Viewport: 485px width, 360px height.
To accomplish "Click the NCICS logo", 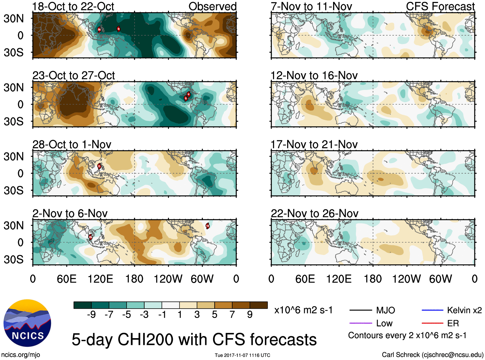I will point(27,323).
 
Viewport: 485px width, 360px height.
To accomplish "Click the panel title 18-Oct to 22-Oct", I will point(73,6).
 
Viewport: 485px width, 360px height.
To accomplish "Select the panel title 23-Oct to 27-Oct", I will point(74,75).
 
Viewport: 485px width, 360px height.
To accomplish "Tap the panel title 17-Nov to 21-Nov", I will point(314,145).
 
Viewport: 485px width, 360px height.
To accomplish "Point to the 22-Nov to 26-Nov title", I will point(314,214).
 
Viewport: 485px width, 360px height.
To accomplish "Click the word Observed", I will point(212,6).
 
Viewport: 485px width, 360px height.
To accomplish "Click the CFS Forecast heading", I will point(440,6).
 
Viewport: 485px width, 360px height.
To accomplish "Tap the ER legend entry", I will point(453,323).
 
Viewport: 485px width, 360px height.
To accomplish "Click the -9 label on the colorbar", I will point(91,314).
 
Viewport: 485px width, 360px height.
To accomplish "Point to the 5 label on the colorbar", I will point(215,314).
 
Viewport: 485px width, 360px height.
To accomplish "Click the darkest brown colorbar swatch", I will point(259,305).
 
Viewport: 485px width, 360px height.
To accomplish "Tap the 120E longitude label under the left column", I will point(100,279).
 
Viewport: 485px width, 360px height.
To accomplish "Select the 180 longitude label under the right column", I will point(373,279).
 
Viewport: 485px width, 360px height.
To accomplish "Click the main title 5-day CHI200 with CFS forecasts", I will point(194,339).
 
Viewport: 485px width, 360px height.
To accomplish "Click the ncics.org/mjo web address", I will point(21,355).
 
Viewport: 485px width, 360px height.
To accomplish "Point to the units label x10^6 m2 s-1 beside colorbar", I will point(303,310).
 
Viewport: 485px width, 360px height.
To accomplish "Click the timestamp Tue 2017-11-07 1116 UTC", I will point(242,355).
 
